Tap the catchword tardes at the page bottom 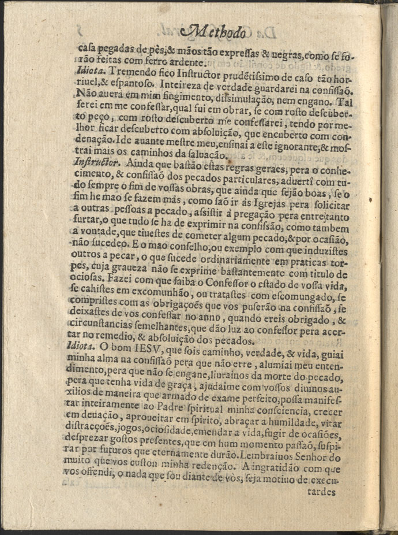click(318, 493)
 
